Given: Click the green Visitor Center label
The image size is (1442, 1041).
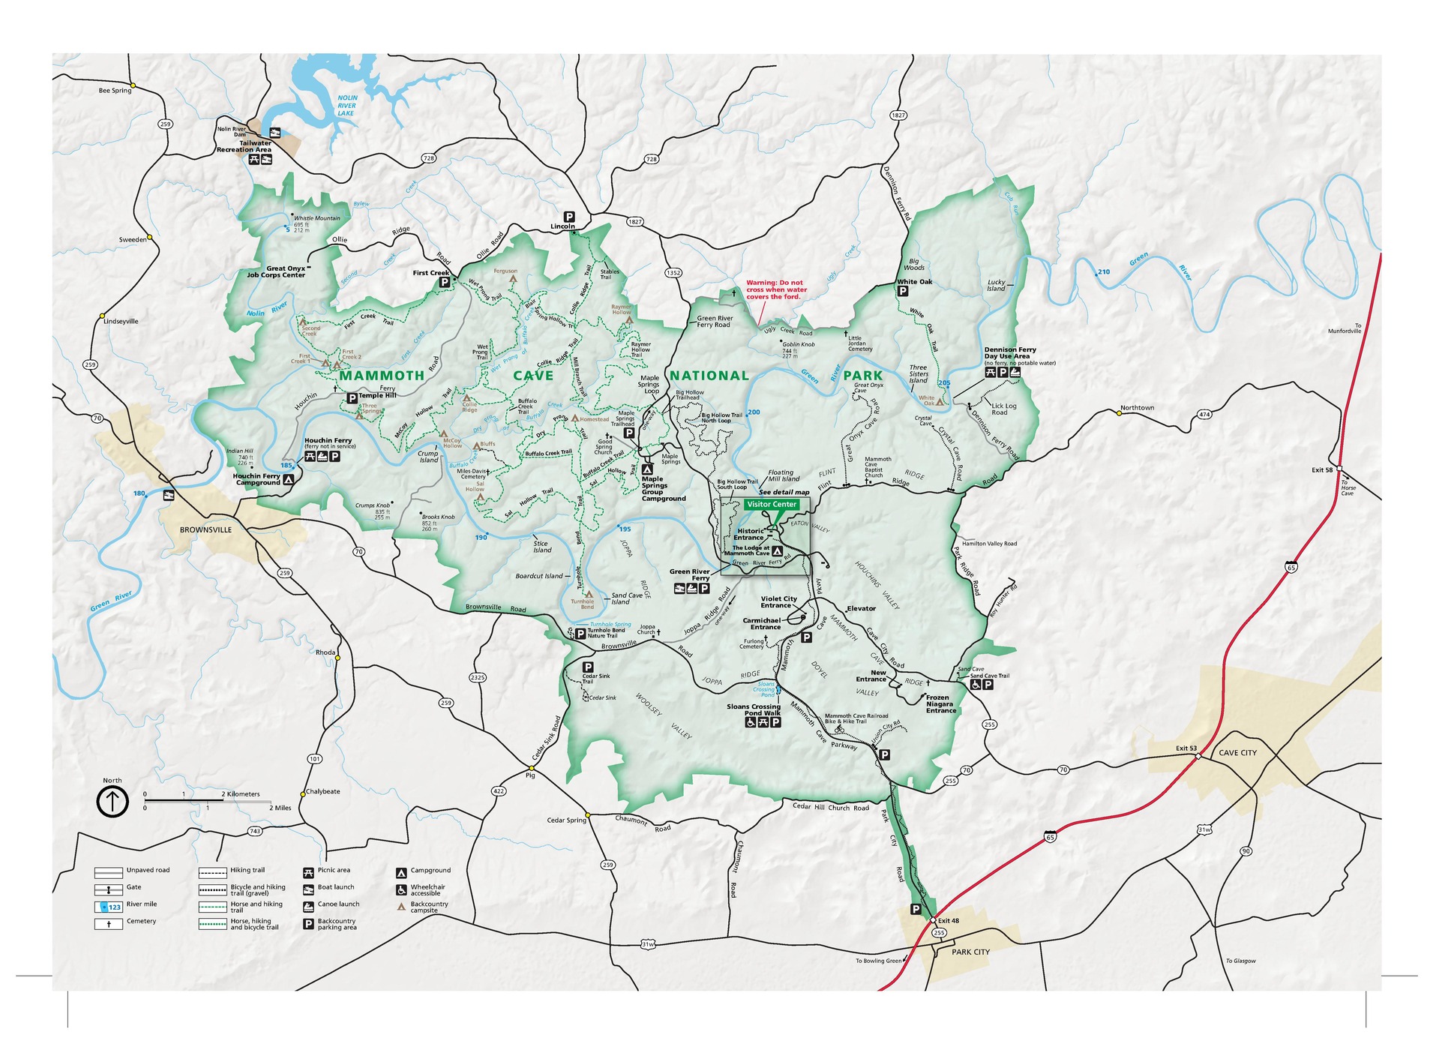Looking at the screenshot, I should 771,504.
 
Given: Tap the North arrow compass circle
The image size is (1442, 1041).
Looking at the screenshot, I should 112,801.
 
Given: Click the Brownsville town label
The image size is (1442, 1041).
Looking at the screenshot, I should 205,529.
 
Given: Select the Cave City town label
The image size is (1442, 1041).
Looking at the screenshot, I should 1237,752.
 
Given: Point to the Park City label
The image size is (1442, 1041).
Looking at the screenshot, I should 970,952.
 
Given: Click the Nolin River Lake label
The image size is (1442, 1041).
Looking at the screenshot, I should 346,105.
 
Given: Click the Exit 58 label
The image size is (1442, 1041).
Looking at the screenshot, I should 1322,469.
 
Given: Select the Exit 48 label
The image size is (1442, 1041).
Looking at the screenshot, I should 949,920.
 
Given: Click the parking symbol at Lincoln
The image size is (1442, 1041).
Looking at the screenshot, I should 569,217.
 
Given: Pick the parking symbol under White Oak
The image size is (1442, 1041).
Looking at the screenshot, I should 903,292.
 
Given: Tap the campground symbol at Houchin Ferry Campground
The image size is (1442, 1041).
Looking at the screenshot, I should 288,478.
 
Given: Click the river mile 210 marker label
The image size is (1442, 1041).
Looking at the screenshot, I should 1103,272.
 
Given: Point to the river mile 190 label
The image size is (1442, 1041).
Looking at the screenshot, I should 481,537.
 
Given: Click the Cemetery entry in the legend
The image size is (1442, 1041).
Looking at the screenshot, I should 141,921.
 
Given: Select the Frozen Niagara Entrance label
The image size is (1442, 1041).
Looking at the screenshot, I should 940,703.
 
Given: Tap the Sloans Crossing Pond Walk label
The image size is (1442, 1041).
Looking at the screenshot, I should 753,709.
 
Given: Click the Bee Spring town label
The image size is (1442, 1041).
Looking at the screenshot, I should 115,91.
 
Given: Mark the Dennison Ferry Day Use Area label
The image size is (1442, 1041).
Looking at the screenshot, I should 1010,352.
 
